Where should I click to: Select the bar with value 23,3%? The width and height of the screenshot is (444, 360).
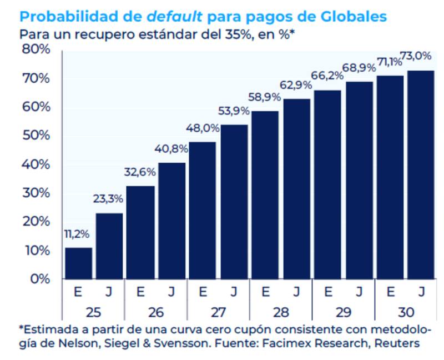coord(109,246)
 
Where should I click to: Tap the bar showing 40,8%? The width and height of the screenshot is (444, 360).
coord(172,221)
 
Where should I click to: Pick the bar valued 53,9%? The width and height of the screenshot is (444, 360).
coord(234,202)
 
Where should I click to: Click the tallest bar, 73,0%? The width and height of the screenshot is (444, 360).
coord(420,174)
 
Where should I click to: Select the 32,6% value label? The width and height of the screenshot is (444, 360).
coord(139,172)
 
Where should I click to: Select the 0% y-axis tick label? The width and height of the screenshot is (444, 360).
coord(39,279)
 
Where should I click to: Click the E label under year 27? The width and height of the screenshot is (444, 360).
coord(203,291)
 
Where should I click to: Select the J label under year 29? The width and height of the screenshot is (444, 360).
coord(359,291)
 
